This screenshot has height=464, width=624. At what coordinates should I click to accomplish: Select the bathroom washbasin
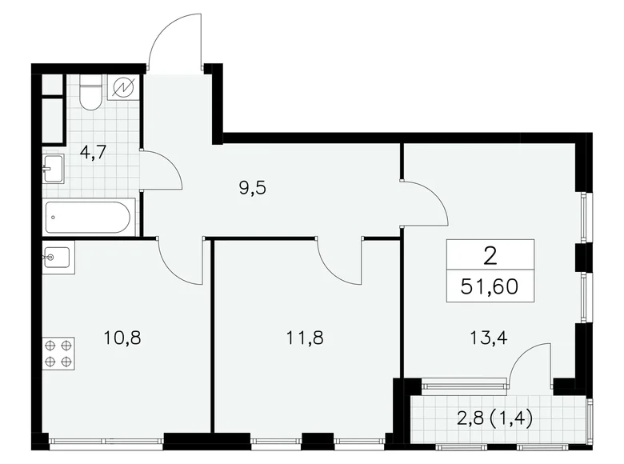(54, 169)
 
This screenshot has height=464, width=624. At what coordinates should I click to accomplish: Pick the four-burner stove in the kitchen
(58, 353)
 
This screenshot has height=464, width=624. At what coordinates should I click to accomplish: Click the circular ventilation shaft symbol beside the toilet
(124, 88)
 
